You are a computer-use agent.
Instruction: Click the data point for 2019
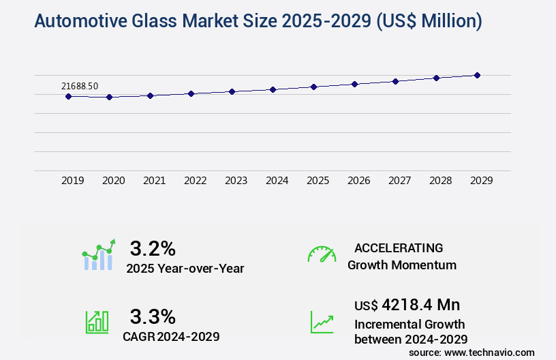pyautogui.click(x=68, y=96)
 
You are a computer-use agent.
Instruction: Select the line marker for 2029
pyautogui.click(x=477, y=75)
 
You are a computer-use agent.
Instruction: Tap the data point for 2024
pyautogui.click(x=273, y=89)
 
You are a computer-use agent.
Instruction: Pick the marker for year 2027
pyautogui.click(x=395, y=81)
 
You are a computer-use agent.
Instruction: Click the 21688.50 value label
pyautogui.click(x=80, y=86)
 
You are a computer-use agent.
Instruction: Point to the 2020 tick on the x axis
pyautogui.click(x=114, y=181)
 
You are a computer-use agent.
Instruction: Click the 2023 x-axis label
pyautogui.click(x=236, y=181)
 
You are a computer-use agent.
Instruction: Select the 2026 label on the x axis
pyautogui.click(x=359, y=181)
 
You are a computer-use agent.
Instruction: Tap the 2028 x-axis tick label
pyautogui.click(x=441, y=181)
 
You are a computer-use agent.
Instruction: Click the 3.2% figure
pyautogui.click(x=153, y=247)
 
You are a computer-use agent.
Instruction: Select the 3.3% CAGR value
pyautogui.click(x=153, y=316)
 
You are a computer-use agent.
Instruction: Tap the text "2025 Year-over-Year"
pyautogui.click(x=185, y=269)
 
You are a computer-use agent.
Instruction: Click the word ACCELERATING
pyautogui.click(x=399, y=247)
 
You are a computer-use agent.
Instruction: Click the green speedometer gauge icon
pyautogui.click(x=322, y=254)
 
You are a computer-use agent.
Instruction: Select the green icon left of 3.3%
pyautogui.click(x=97, y=322)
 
